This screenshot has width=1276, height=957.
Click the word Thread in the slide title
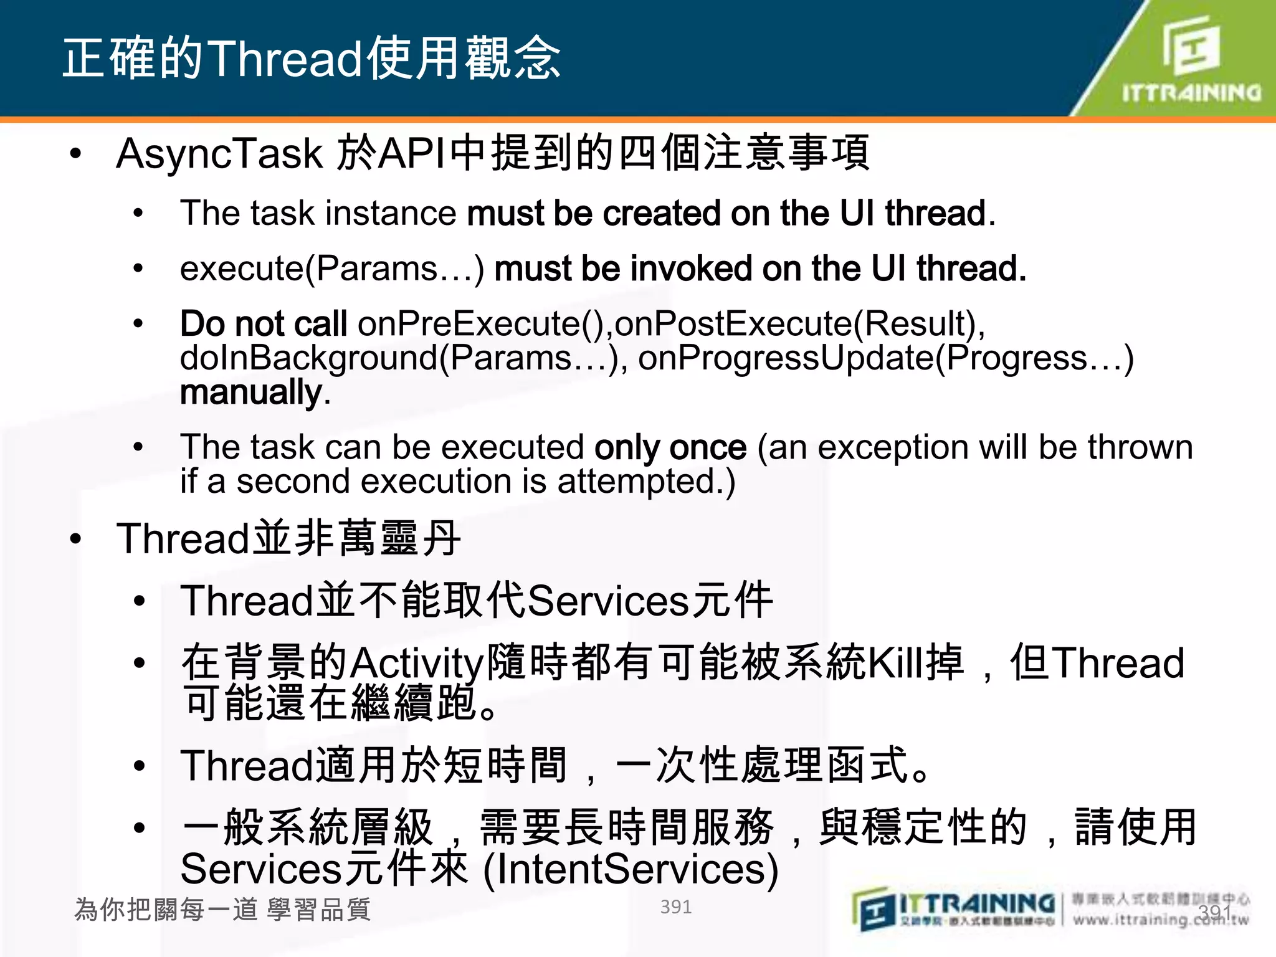pos(285,59)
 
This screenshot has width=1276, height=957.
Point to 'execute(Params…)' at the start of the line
pos(332,269)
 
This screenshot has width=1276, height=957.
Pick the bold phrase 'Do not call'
pos(263,324)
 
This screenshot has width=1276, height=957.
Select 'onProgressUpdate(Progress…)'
pos(885,358)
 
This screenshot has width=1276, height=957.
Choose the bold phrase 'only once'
pos(670,448)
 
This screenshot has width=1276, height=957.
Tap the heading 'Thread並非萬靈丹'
pos(288,538)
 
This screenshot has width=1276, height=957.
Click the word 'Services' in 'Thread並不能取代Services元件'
pos(608,601)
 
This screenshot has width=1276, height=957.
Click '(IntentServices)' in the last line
pos(631,870)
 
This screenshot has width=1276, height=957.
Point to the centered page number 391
pos(675,907)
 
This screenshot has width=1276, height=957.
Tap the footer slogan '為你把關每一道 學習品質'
pos(222,910)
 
